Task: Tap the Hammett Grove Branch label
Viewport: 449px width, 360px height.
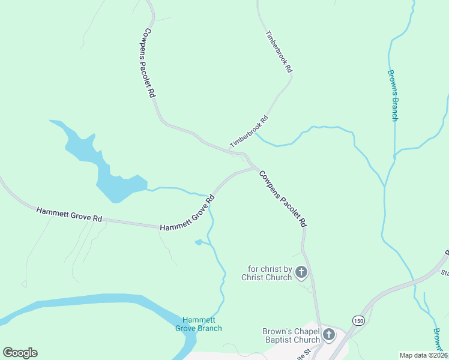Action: tap(202, 324)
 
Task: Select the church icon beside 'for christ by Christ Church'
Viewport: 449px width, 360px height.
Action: tap(301, 273)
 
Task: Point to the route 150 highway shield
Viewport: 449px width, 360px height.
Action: tap(358, 320)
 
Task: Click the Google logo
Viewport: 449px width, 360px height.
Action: tap(20, 353)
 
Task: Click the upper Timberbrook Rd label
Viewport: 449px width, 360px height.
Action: tap(279, 52)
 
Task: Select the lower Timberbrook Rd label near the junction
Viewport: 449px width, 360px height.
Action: tap(249, 131)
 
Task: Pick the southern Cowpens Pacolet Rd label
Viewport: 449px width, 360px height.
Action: tap(283, 198)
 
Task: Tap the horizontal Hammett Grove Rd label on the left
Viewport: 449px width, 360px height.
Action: tap(69, 215)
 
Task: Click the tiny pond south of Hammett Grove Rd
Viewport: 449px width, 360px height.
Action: tap(199, 242)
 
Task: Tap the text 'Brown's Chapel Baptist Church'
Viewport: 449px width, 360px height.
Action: tap(291, 335)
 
